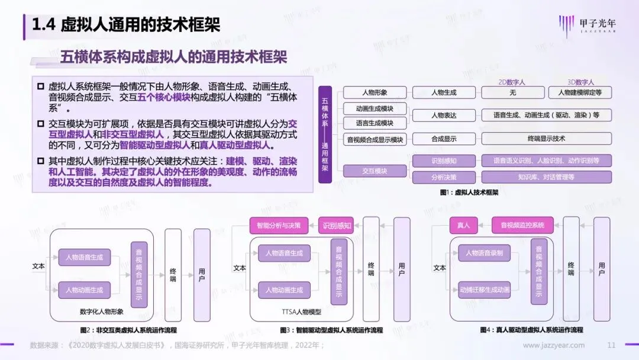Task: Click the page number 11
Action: (612, 345)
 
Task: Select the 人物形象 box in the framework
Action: (375, 93)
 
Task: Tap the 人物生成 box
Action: (444, 93)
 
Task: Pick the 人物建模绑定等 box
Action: (576, 93)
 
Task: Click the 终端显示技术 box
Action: (546, 139)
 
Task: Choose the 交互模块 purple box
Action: (375, 171)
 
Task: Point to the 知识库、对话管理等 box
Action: (546, 177)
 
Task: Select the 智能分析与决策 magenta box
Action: (279, 225)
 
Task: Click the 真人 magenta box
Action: (463, 225)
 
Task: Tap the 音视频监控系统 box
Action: (522, 225)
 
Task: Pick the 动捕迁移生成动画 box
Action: (484, 290)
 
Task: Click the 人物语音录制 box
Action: (484, 253)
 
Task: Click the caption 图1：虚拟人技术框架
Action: (469, 192)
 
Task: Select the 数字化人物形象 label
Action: (101, 312)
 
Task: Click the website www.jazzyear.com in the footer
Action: (554, 345)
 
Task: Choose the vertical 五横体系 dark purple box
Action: (325, 135)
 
